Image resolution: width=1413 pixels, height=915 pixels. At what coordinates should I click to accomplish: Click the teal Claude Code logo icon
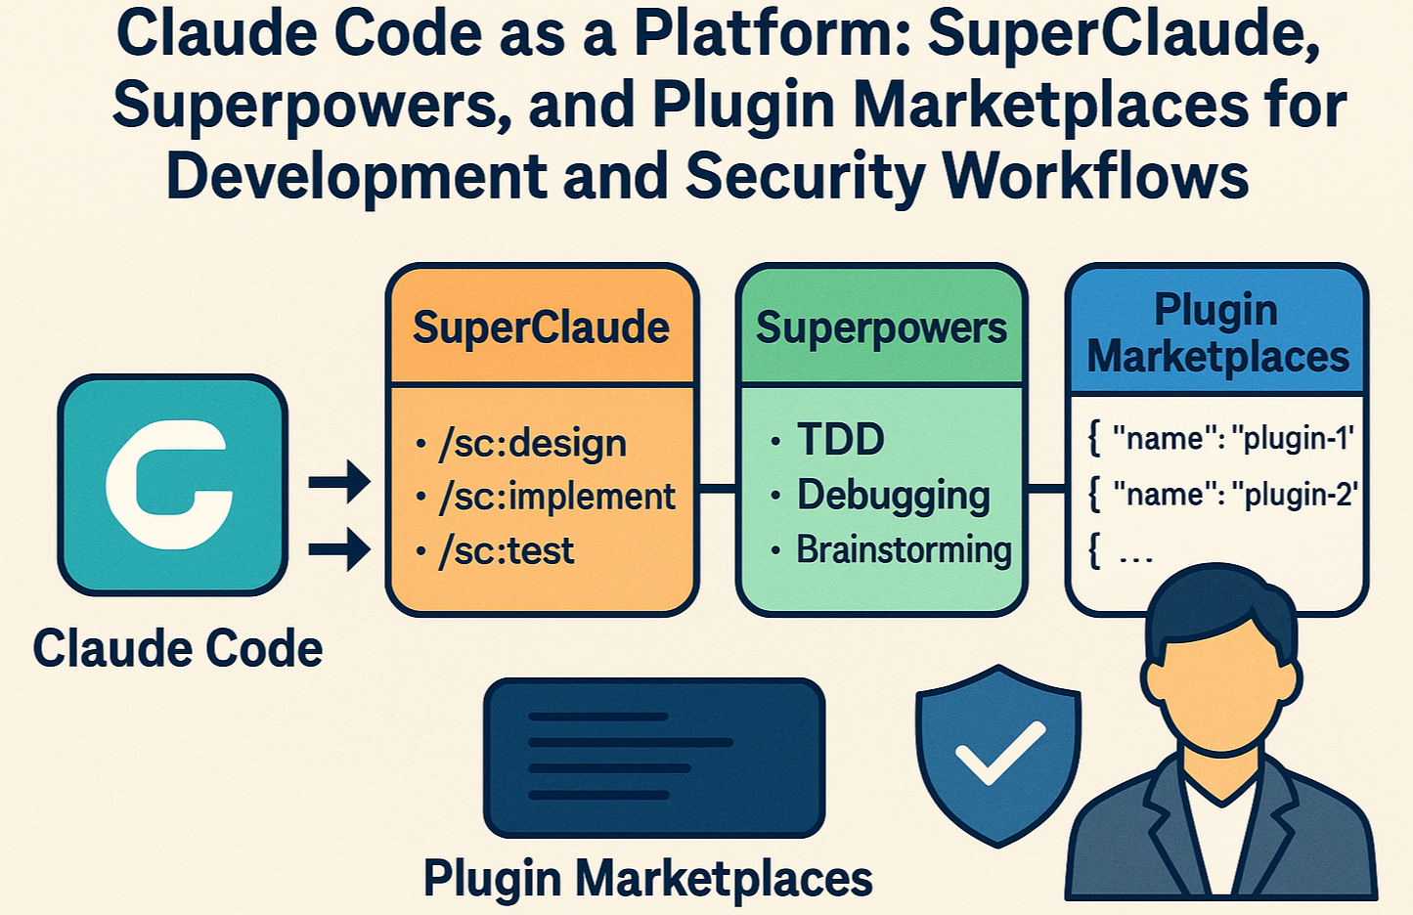[172, 485]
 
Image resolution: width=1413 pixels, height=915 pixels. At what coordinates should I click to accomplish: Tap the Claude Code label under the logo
[178, 648]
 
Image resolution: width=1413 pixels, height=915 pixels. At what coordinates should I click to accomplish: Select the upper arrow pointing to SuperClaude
[339, 482]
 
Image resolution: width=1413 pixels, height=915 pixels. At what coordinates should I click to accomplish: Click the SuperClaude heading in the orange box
[541, 327]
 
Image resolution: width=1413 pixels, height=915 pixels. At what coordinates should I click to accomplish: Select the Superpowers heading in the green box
[881, 328]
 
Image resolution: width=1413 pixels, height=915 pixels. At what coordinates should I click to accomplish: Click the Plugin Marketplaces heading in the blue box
[1216, 333]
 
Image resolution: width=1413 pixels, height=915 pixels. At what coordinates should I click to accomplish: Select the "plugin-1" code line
[1221, 439]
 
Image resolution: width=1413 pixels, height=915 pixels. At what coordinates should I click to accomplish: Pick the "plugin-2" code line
[1221, 495]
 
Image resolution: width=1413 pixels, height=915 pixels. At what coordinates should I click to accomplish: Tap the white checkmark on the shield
[999, 752]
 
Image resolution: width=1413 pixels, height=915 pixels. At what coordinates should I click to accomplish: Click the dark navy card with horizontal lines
[654, 757]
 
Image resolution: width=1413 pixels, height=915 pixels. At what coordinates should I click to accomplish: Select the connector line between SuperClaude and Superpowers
[718, 488]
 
